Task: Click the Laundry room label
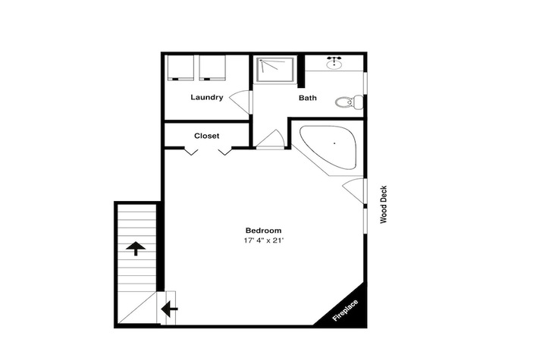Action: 206,97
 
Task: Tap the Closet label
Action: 206,136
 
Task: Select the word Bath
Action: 307,98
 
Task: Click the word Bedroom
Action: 263,231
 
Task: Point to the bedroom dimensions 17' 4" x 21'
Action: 262,240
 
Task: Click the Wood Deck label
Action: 384,205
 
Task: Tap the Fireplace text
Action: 345,310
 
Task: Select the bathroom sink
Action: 334,64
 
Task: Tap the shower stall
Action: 275,70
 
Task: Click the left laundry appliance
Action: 180,67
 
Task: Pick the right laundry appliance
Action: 212,67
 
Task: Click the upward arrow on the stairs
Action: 136,248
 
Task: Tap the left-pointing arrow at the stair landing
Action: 169,309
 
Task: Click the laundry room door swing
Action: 240,102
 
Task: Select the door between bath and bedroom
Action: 271,140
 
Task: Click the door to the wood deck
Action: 353,190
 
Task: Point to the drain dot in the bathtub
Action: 334,143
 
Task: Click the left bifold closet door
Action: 191,152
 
